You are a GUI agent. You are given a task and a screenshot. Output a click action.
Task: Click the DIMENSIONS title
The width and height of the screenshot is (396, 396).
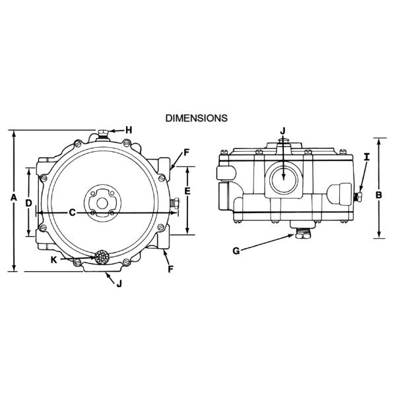(197, 118)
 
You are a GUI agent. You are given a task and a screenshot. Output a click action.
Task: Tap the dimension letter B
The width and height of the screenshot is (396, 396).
(378, 195)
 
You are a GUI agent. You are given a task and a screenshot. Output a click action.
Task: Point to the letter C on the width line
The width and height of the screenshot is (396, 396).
(73, 213)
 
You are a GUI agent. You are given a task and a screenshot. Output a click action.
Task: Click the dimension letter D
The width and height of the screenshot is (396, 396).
(28, 203)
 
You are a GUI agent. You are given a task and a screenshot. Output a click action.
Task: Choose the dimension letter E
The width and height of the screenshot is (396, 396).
(188, 191)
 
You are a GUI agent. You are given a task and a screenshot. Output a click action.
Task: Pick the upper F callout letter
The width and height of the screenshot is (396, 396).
(187, 152)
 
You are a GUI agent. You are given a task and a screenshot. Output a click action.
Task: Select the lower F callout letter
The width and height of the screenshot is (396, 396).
(170, 270)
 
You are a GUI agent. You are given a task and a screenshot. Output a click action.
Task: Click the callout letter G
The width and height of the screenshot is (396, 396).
(236, 251)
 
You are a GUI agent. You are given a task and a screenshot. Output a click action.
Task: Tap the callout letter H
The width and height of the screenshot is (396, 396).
(129, 130)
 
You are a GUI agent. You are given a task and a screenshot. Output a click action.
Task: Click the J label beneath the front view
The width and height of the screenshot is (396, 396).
(119, 284)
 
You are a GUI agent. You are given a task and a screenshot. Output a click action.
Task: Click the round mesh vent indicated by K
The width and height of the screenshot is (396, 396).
(102, 257)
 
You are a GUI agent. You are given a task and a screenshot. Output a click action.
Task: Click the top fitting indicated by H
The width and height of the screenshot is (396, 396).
(103, 134)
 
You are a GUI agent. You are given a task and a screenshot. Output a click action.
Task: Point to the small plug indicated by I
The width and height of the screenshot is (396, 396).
(357, 196)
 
